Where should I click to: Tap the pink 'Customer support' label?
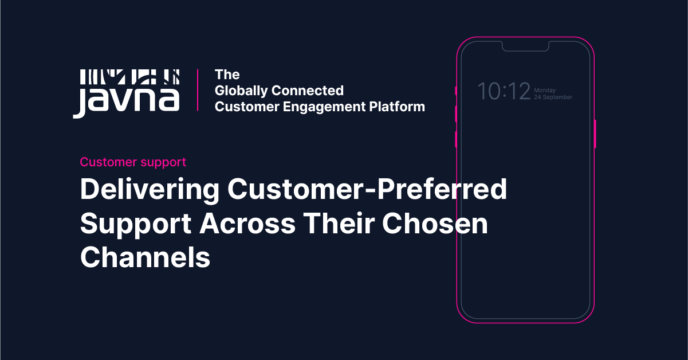(x=133, y=162)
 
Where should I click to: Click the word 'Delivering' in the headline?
(x=150, y=190)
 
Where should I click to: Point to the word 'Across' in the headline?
(x=247, y=224)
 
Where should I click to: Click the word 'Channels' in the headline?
(x=145, y=257)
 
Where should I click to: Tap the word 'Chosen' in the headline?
(x=435, y=224)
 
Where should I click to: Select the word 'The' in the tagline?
(x=227, y=75)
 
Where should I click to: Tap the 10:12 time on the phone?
(x=504, y=92)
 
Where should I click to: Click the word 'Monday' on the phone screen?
(x=545, y=90)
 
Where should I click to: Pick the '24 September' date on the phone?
(x=553, y=97)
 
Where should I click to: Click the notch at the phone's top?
(x=525, y=46)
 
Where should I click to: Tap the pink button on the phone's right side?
(x=595, y=134)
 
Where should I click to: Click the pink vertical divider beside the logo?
(x=198, y=90)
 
